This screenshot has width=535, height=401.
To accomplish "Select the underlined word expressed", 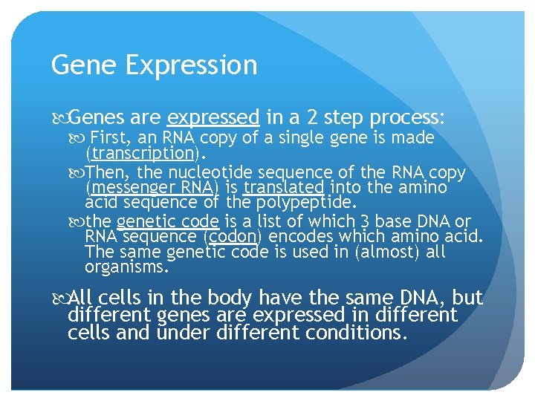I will tap(213, 117).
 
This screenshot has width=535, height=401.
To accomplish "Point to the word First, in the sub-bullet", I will tap(111, 138).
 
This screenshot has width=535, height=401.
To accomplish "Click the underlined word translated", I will tap(283, 188).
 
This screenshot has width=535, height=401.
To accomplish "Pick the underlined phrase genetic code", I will tap(167, 222).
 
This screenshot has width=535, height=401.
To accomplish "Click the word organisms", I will tap(127, 267).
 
